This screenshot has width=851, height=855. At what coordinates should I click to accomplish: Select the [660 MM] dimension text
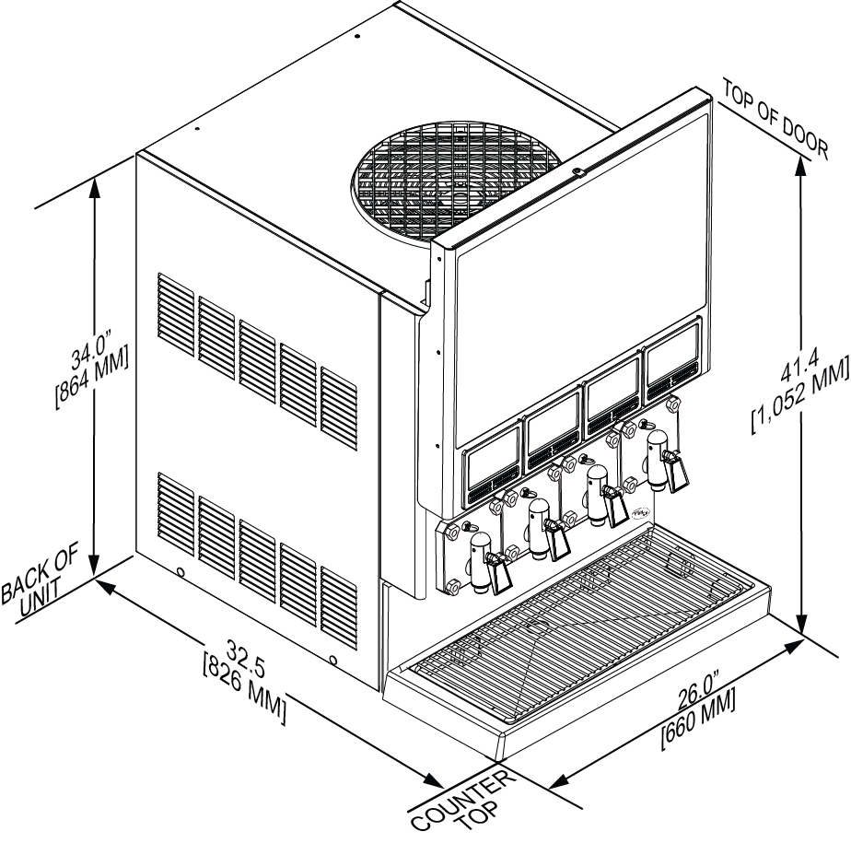click(699, 719)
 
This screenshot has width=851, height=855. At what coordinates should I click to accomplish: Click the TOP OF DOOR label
click(775, 118)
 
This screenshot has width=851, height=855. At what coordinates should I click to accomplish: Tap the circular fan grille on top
click(455, 181)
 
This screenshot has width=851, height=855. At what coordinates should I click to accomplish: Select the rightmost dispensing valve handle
click(675, 472)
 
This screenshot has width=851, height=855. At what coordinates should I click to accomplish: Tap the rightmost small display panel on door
click(672, 359)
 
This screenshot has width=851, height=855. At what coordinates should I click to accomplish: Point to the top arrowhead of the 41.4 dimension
click(800, 165)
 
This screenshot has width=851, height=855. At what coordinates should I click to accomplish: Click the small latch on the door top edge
click(577, 172)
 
